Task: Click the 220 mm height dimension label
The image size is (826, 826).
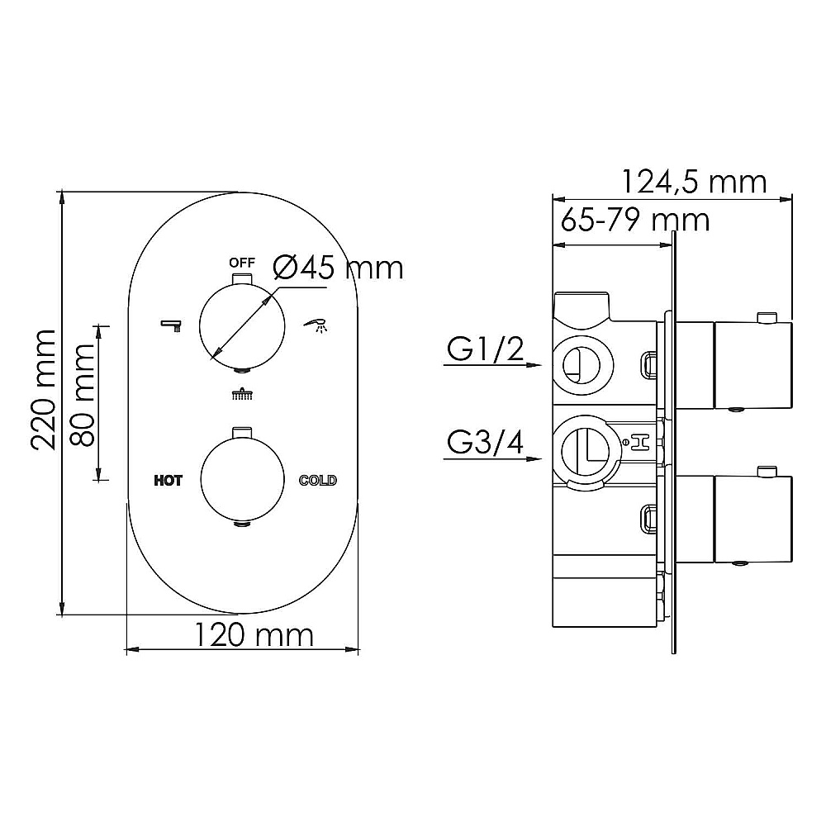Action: (x=43, y=389)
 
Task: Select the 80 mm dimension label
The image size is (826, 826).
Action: (x=83, y=395)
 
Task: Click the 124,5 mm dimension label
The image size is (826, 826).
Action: (x=695, y=183)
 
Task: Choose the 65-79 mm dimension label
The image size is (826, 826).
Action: (x=634, y=220)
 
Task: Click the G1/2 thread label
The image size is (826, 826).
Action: (x=485, y=349)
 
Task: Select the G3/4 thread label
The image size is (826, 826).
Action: (x=485, y=443)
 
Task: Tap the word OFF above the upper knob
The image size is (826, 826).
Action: (x=242, y=263)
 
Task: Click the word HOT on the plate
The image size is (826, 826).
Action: (x=168, y=481)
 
